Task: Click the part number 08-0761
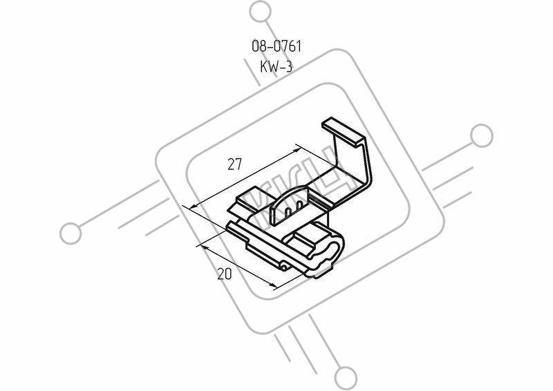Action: coord(276,46)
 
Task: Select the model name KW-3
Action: coord(276,66)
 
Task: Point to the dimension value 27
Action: coord(235,164)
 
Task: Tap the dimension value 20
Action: coord(225,274)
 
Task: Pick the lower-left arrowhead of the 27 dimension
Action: coord(194,206)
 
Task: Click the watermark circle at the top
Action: coord(261,11)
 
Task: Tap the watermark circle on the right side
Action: coord(481,135)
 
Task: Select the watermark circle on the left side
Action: coord(71,233)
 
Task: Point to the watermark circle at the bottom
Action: coord(346,378)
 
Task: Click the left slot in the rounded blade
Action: coord(288,212)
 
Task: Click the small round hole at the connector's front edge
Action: coord(284,267)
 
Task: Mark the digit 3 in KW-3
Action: coord(288,66)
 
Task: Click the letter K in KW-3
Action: coord(264,66)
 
